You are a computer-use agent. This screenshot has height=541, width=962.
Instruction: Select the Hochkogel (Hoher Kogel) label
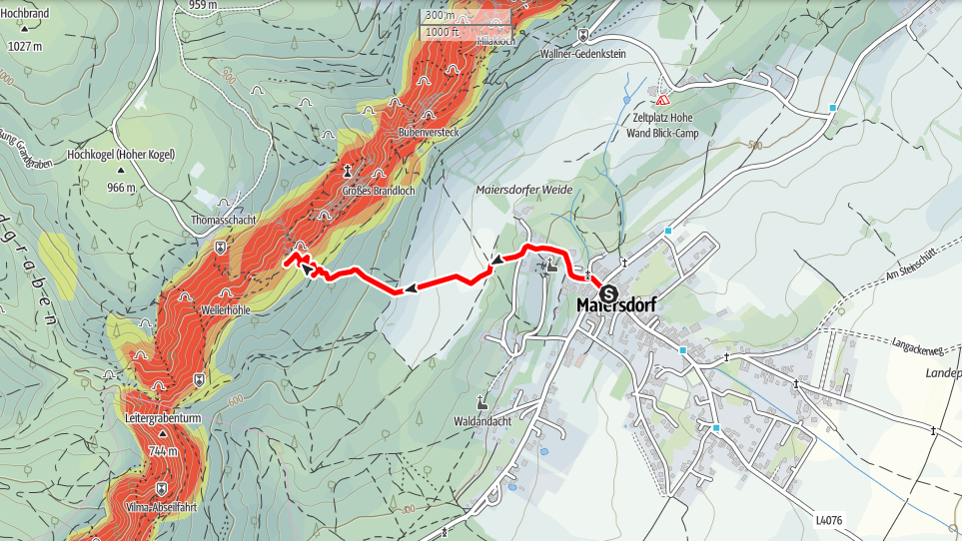[x=121, y=155]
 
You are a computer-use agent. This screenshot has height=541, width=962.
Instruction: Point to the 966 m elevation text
[x=121, y=187]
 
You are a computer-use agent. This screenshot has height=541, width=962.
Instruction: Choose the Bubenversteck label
[x=428, y=132]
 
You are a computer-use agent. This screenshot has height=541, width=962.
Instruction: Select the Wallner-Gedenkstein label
[x=582, y=54]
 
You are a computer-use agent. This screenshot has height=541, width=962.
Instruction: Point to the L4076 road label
[x=828, y=520]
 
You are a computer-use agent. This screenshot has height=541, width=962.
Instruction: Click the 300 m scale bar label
[x=439, y=15]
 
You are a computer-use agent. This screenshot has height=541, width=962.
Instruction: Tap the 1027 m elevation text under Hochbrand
[x=24, y=46]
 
